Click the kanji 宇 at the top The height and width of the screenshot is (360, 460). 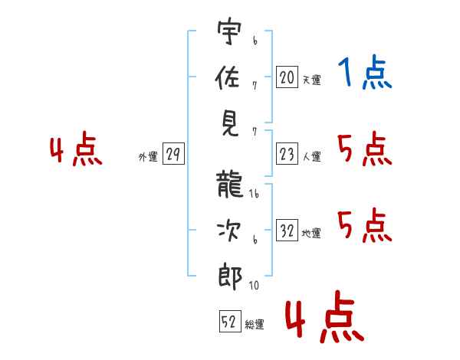(x=229, y=34)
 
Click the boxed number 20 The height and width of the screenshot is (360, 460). (x=287, y=77)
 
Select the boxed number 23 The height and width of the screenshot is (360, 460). (x=287, y=155)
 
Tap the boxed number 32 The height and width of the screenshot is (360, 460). (x=287, y=231)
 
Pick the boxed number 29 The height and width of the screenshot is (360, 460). (x=172, y=155)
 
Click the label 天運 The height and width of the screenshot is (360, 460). (x=311, y=79)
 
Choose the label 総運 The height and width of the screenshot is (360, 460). (x=255, y=324)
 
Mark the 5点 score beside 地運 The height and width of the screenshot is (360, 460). (x=364, y=225)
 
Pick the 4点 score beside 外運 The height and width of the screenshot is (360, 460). (x=76, y=150)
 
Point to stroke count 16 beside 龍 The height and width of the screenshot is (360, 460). (x=254, y=195)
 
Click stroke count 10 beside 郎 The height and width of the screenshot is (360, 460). (x=254, y=286)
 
